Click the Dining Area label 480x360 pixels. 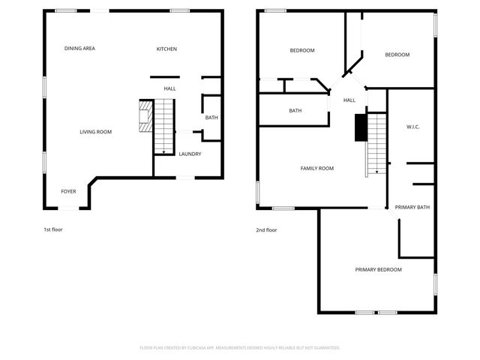pos(79,49)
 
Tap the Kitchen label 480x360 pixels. pos(166,49)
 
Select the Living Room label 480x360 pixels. pos(96,132)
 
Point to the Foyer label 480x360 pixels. pos(68,191)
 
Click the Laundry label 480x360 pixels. pos(189,154)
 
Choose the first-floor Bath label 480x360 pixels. pos(211,118)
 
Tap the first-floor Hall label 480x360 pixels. pos(170,88)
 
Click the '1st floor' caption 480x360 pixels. pos(53,229)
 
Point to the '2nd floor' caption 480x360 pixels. pos(266,230)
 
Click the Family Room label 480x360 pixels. pos(317,168)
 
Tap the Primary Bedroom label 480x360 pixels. pos(379,269)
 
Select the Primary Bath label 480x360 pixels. pos(412,207)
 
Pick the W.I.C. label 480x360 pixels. pos(412,127)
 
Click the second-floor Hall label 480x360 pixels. pos(349,100)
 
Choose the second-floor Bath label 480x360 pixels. pos(295,111)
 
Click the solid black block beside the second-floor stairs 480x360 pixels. pos(361,127)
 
